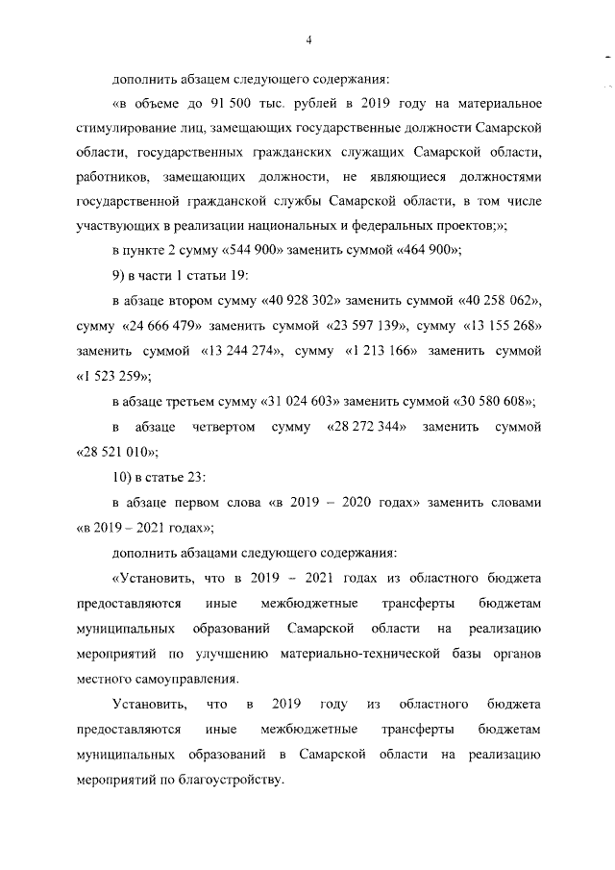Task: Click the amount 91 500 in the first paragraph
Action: pos(222,103)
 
